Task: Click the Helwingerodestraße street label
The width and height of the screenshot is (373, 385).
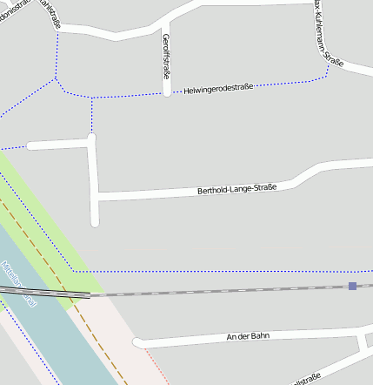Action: click(x=218, y=88)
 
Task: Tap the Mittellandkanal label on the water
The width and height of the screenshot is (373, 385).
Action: click(x=19, y=283)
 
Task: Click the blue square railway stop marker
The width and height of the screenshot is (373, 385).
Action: click(x=352, y=286)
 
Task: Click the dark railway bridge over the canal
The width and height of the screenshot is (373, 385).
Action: click(x=43, y=294)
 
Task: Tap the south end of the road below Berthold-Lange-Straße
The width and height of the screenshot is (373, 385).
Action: click(x=95, y=222)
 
